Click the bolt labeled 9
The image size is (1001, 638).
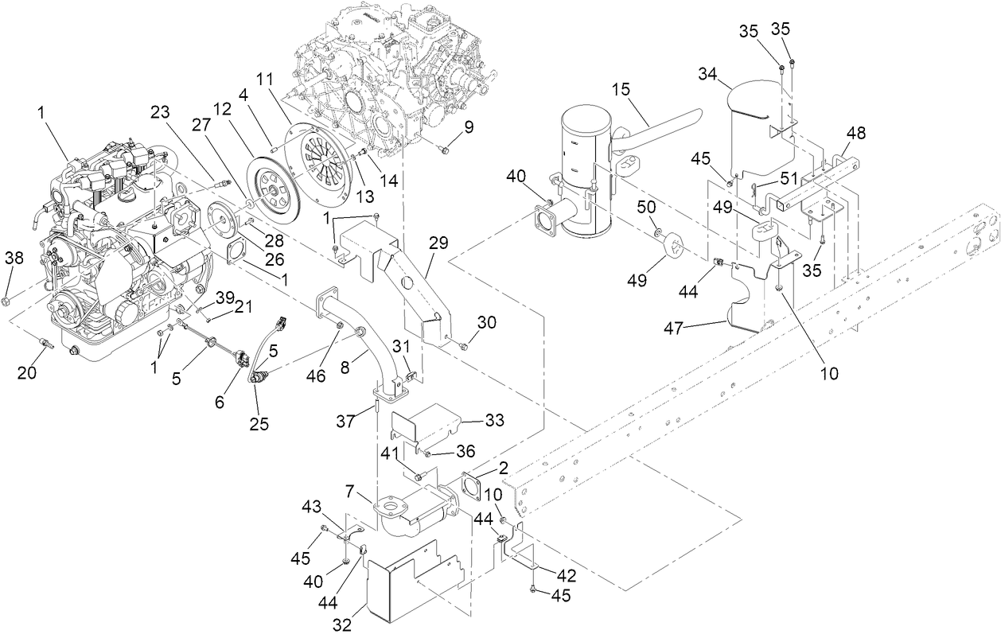click(x=444, y=149)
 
